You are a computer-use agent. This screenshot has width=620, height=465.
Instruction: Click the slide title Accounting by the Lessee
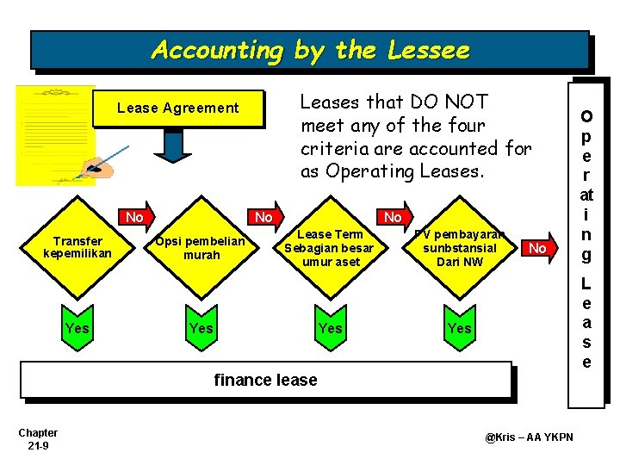(310, 51)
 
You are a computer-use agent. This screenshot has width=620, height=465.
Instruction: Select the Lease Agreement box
(177, 108)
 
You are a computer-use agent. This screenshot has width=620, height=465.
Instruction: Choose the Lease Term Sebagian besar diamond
(330, 248)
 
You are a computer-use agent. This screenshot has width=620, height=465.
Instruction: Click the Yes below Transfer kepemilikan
(77, 328)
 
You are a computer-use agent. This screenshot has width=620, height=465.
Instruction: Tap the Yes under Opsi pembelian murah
(201, 328)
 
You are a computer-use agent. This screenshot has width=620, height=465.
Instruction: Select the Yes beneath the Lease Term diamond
(330, 328)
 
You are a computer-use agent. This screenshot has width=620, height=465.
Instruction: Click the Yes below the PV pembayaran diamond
(459, 328)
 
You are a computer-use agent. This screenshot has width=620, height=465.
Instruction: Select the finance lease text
(265, 380)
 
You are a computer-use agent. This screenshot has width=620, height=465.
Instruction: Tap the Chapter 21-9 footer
(38, 439)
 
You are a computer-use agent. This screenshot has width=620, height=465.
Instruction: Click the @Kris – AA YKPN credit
(529, 437)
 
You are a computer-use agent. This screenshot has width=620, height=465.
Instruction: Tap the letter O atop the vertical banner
(586, 115)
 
